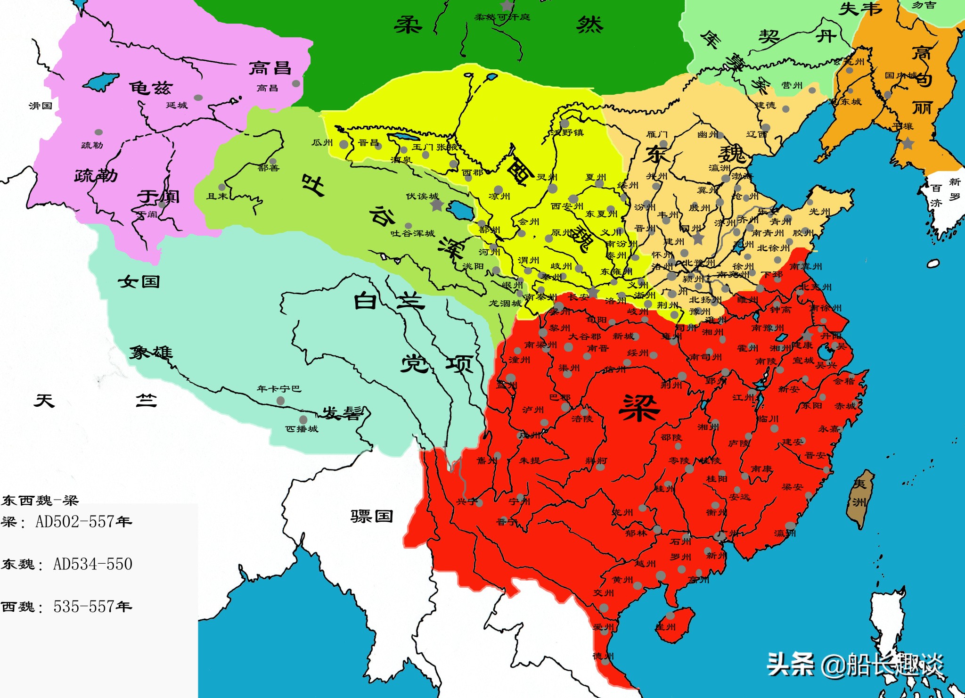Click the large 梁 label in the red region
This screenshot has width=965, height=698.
(639, 408)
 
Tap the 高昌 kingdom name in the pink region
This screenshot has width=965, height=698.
(270, 68)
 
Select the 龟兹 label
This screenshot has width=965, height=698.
(151, 88)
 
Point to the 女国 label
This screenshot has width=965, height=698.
(139, 282)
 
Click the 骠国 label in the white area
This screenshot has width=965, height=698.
(371, 516)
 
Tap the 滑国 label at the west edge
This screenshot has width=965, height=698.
(41, 106)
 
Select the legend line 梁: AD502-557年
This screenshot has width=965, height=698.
(66, 522)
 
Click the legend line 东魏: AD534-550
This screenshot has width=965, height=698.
(66, 564)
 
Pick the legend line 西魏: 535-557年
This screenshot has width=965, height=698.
(66, 607)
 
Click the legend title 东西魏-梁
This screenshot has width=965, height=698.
(40, 500)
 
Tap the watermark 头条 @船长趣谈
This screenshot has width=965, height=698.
(855, 665)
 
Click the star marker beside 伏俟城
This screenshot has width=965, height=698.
(437, 205)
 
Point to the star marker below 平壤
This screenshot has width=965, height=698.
(908, 143)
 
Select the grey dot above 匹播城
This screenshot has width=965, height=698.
(303, 419)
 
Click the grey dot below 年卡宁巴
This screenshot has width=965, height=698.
(280, 401)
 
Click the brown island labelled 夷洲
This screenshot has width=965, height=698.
(860, 498)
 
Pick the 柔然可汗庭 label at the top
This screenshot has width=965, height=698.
(502, 17)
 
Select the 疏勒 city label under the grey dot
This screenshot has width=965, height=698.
(92, 145)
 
